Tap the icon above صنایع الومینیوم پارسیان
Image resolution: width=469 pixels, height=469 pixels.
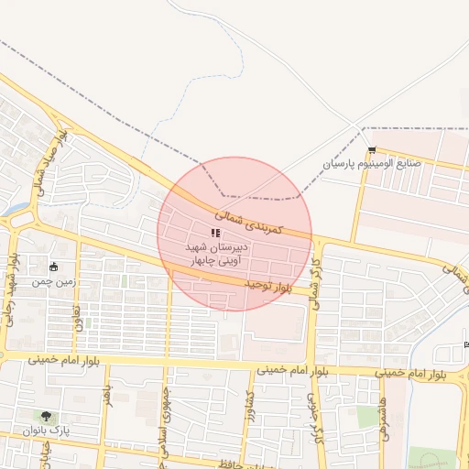click(x=371, y=150)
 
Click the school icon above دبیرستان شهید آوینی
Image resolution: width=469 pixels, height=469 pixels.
click(x=215, y=234)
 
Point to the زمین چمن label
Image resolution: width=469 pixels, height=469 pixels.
click(x=53, y=282)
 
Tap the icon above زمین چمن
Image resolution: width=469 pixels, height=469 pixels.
click(x=54, y=267)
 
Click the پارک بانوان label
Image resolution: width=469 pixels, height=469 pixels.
click(x=49, y=430)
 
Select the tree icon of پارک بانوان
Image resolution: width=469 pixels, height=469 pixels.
click(x=47, y=416)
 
